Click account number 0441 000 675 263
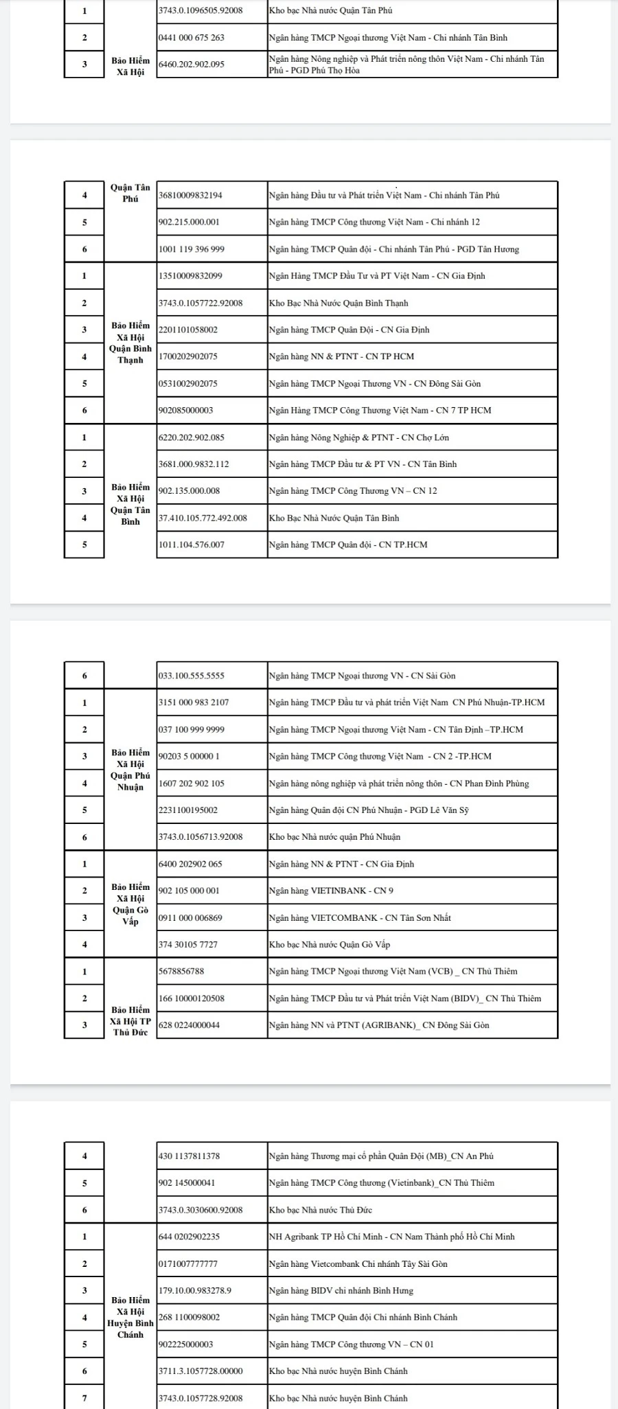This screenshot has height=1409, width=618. (192, 38)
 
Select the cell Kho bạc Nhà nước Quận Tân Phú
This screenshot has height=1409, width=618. (330, 11)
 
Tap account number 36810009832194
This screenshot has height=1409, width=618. (191, 195)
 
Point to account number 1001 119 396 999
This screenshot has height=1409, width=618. (192, 249)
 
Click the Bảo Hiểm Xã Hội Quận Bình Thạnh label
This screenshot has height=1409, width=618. (130, 343)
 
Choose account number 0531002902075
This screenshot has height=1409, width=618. (188, 384)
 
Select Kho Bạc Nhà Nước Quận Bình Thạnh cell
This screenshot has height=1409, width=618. (339, 303)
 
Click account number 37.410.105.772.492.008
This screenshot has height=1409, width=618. (203, 518)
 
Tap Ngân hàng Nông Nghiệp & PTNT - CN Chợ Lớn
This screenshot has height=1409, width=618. (359, 437)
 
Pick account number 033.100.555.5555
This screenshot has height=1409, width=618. (192, 676)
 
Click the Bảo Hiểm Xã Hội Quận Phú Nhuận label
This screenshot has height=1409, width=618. (130, 770)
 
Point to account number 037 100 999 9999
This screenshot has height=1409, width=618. (192, 730)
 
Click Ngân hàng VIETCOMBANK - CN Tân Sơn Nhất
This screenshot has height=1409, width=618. (360, 918)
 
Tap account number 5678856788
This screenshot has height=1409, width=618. (181, 972)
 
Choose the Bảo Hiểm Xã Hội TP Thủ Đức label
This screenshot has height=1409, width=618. (130, 1021)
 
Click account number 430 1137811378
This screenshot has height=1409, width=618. (190, 1156)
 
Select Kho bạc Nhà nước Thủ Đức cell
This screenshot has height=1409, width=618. (321, 1210)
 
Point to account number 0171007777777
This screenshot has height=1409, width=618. (188, 1264)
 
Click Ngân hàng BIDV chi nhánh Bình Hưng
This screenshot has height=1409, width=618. (341, 1291)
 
